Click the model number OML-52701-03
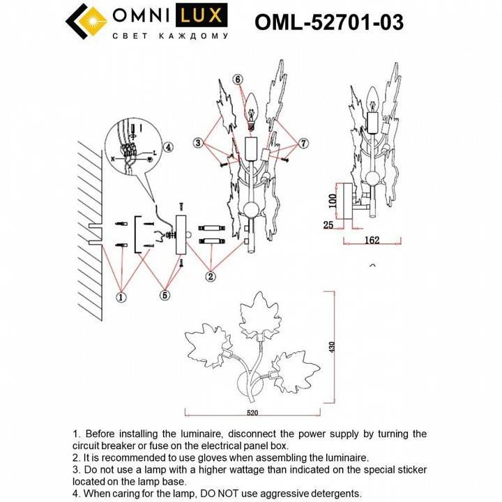(328, 22)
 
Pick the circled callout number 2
(210, 275)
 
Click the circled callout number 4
(167, 147)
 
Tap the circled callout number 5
(165, 295)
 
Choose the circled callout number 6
(238, 80)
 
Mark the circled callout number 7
(303, 143)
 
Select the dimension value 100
(333, 201)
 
